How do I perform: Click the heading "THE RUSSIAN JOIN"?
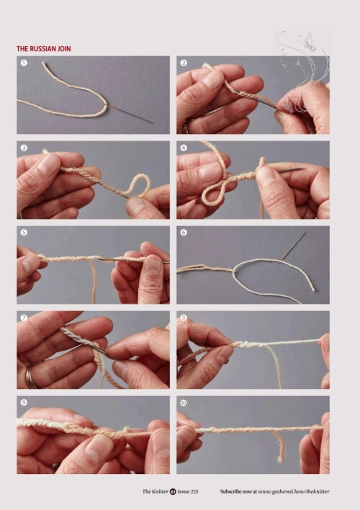coord(44,49)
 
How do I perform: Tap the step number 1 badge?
coord(24,63)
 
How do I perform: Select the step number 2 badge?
coord(184,63)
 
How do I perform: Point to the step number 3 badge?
coord(24,148)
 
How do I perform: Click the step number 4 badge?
coord(184,148)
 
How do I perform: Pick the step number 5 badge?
coord(24,233)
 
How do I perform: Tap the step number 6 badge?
coord(184,233)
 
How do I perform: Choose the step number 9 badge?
coord(24,403)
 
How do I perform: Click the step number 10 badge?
coord(184,403)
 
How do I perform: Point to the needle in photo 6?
coord(293,246)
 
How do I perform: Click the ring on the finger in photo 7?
coord(30,375)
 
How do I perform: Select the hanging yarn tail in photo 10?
coord(279,446)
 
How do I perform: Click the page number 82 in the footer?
coord(173,491)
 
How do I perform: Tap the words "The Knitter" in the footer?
coord(155,491)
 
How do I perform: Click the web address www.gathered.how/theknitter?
coord(294,491)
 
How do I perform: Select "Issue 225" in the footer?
coord(188,491)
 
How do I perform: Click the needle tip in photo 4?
coord(303,169)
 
